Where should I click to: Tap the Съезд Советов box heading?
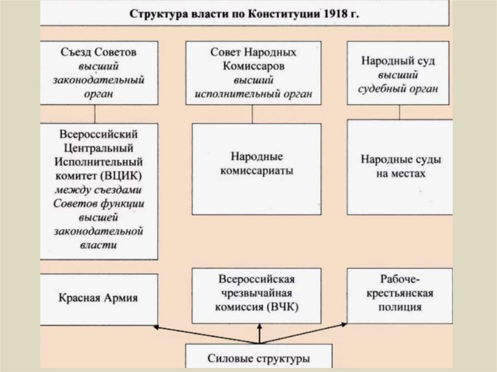(99, 51)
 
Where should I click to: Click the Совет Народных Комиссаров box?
(253, 73)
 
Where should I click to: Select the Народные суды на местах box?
(400, 166)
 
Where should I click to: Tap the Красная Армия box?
(99, 298)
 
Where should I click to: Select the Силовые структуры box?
(259, 358)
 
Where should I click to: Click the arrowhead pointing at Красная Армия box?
(156, 327)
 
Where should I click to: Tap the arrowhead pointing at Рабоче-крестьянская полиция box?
(346, 323)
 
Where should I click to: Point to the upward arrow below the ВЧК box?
(259, 334)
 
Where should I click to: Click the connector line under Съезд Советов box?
(95, 113)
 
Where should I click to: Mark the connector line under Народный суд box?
(399, 112)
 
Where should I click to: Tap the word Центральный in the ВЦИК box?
(99, 147)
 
